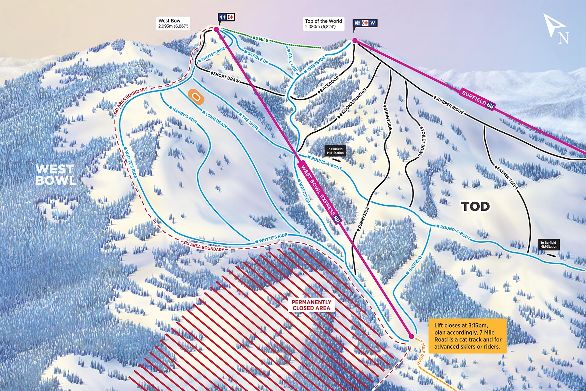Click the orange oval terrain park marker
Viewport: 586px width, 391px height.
click(196, 97)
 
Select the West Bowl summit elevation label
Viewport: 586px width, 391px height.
click(173, 23)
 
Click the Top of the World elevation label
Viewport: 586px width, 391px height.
click(323, 24)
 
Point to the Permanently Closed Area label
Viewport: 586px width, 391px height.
click(311, 305)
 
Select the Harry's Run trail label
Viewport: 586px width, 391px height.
click(184, 115)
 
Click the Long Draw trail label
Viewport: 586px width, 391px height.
click(216, 120)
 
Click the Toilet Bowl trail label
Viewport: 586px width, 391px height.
click(422, 141)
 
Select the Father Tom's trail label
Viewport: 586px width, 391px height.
click(507, 178)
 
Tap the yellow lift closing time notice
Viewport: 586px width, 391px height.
click(467, 336)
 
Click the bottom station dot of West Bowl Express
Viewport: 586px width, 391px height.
click(411, 336)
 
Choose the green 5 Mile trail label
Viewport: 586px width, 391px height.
click(261, 39)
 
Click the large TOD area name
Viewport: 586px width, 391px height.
click(475, 206)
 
